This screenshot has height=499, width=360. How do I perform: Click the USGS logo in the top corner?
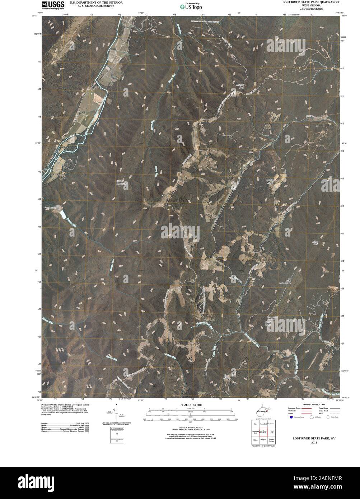click(x=52, y=5)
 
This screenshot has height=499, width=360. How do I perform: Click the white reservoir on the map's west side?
click(x=62, y=215)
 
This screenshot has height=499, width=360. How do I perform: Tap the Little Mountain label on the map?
click(x=122, y=183)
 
